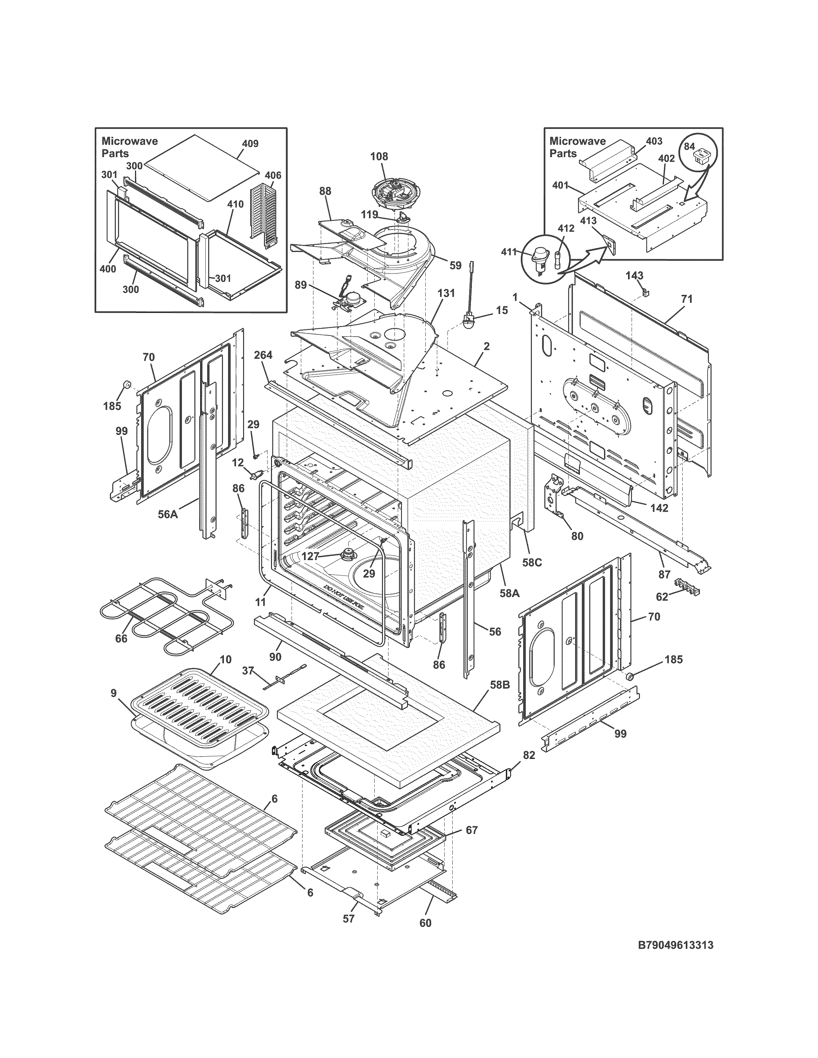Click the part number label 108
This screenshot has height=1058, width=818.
379,156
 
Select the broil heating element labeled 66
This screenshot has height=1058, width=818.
160,613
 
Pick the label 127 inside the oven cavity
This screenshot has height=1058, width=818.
310,557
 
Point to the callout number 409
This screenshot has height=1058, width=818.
251,143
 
